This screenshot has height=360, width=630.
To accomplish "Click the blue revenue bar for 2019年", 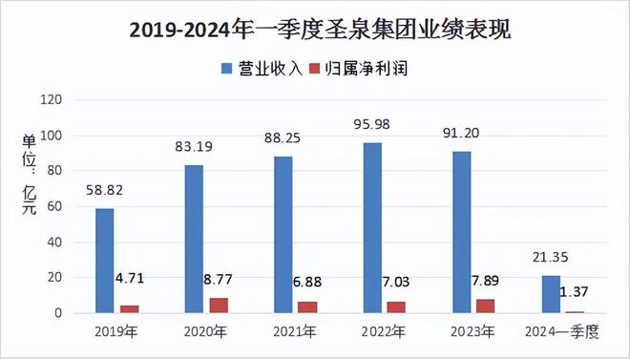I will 105,261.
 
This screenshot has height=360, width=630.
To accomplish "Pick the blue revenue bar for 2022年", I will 371,227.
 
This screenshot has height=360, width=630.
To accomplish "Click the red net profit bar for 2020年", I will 219,306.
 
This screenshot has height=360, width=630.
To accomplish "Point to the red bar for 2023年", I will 485,307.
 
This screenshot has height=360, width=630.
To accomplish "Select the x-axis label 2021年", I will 297,332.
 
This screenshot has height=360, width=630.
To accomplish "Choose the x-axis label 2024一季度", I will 563,332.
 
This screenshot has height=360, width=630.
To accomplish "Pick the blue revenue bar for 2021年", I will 283,234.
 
